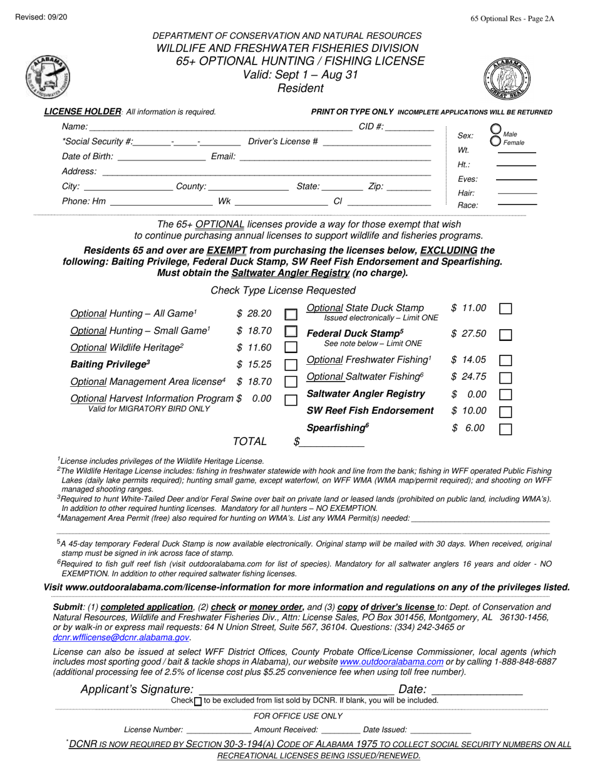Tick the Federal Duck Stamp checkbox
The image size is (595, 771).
click(505, 335)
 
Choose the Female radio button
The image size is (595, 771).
click(495, 141)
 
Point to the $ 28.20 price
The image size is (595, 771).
click(254, 313)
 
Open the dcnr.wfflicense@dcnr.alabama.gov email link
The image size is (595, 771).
click(121, 637)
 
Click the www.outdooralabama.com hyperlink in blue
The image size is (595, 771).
click(391, 662)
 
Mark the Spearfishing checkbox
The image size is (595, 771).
click(505, 429)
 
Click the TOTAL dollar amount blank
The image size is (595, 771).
click(332, 443)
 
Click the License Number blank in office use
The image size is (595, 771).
click(219, 730)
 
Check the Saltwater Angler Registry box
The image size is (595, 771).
click(505, 395)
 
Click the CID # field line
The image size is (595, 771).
click(410, 128)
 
